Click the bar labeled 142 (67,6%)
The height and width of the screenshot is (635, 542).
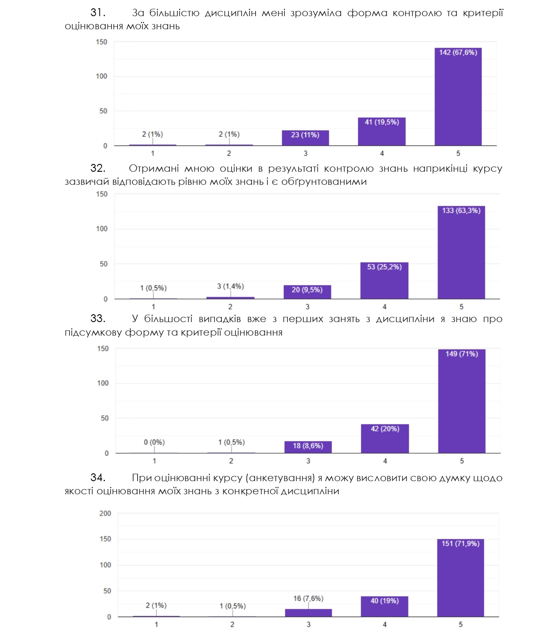pyautogui.click(x=458, y=97)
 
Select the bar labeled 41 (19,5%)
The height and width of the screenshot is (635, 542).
pyautogui.click(x=382, y=132)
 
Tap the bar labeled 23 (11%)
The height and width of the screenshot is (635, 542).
pyautogui.click(x=305, y=138)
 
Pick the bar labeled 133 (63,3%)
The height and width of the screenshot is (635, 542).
pyautogui.click(x=461, y=253)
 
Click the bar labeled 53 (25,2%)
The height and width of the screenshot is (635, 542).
pyautogui.click(x=384, y=281)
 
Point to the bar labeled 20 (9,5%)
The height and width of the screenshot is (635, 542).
pyautogui.click(x=307, y=292)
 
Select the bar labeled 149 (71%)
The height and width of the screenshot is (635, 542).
pyautogui.click(x=462, y=401)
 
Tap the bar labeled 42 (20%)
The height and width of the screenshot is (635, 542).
pyautogui.click(x=385, y=439)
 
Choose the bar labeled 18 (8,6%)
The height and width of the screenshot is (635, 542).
pyautogui.click(x=308, y=447)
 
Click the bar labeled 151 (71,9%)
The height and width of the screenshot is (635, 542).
pyautogui.click(x=460, y=578)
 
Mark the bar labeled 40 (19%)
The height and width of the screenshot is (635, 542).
pyautogui.click(x=384, y=607)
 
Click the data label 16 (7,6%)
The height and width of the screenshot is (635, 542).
pyautogui.click(x=308, y=598)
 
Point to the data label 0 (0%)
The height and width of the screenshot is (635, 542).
pyautogui.click(x=154, y=442)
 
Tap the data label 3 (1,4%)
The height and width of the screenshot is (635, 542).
pyautogui.click(x=230, y=286)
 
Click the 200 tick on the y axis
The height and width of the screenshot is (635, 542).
pyautogui.click(x=105, y=514)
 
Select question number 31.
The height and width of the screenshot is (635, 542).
pyautogui.click(x=97, y=13)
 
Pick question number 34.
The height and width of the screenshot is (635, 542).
pyautogui.click(x=97, y=478)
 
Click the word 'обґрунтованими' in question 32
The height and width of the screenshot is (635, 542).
pyautogui.click(x=324, y=182)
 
